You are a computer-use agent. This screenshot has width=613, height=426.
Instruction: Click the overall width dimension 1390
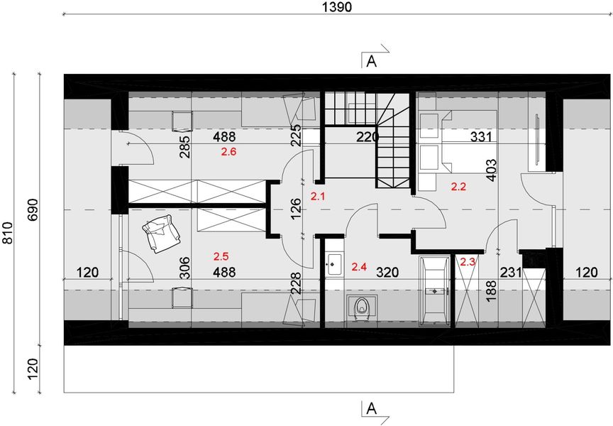click(x=337, y=6)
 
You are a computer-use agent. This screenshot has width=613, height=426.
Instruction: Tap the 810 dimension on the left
click(x=8, y=233)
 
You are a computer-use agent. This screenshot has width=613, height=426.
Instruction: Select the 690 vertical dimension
click(x=33, y=209)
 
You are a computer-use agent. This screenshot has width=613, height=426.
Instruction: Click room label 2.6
click(x=228, y=152)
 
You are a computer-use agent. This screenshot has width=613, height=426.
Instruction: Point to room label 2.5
click(x=221, y=256)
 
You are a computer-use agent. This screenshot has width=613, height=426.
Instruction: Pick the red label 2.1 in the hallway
click(x=317, y=197)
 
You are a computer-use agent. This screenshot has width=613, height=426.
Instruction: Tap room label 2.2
click(x=458, y=187)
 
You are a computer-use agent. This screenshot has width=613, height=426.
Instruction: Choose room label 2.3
click(x=468, y=262)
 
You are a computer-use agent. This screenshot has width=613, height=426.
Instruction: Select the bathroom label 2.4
click(x=359, y=267)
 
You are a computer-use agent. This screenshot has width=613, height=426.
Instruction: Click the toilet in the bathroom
click(x=362, y=308)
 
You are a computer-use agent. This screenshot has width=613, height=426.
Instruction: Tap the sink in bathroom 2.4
click(x=334, y=265)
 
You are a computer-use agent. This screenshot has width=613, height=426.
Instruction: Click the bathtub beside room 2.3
click(x=435, y=290)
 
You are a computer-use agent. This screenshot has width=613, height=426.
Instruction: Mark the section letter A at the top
click(x=372, y=62)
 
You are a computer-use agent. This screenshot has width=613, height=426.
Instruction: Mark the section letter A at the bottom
click(x=372, y=409)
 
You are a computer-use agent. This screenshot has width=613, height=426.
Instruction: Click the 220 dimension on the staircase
click(x=368, y=137)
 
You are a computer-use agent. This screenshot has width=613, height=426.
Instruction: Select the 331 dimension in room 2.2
click(x=481, y=137)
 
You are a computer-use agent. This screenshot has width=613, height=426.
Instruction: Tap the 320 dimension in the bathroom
click(x=387, y=272)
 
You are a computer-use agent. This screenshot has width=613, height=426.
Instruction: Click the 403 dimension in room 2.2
click(x=491, y=170)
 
